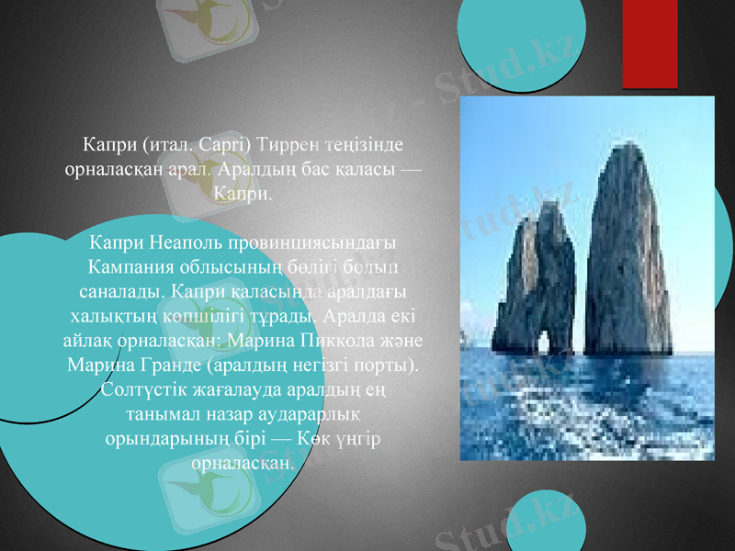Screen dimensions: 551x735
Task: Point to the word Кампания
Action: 129,267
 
